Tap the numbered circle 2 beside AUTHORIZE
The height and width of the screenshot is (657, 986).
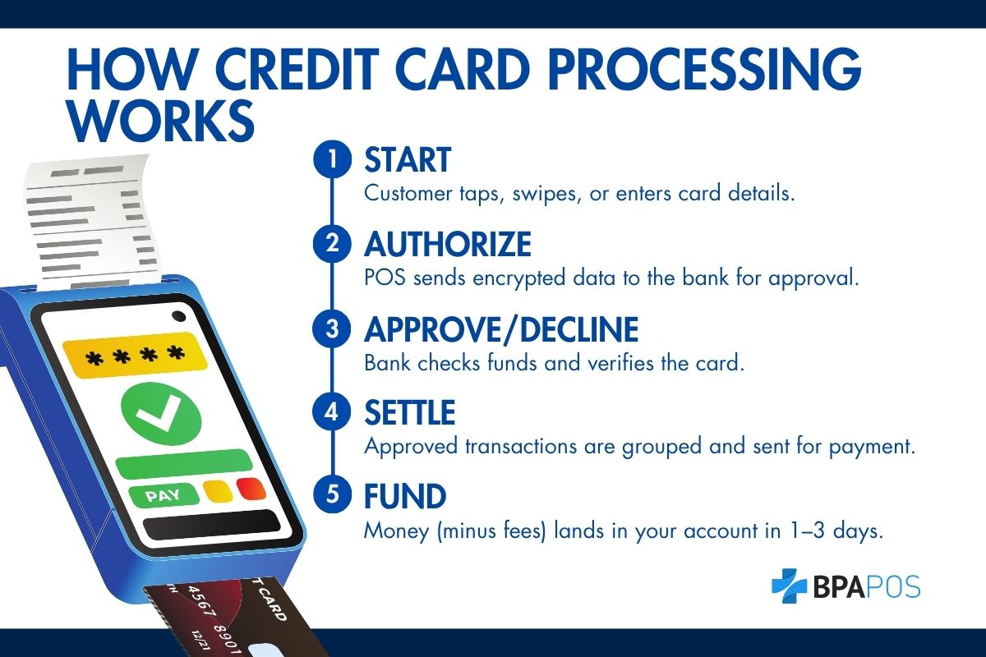point(332,245)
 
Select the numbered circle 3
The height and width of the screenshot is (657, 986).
point(332,329)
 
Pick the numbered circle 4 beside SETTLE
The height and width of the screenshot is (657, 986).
point(332,413)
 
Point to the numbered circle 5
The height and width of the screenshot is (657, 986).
point(332,497)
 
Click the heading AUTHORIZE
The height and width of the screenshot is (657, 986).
point(448,245)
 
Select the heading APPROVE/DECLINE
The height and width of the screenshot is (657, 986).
point(501,329)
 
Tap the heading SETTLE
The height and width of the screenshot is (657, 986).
point(409,413)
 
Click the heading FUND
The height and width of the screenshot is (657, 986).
point(405,497)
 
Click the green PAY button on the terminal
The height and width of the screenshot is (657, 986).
point(164,496)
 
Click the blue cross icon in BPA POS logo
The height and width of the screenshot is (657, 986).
point(790,586)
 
